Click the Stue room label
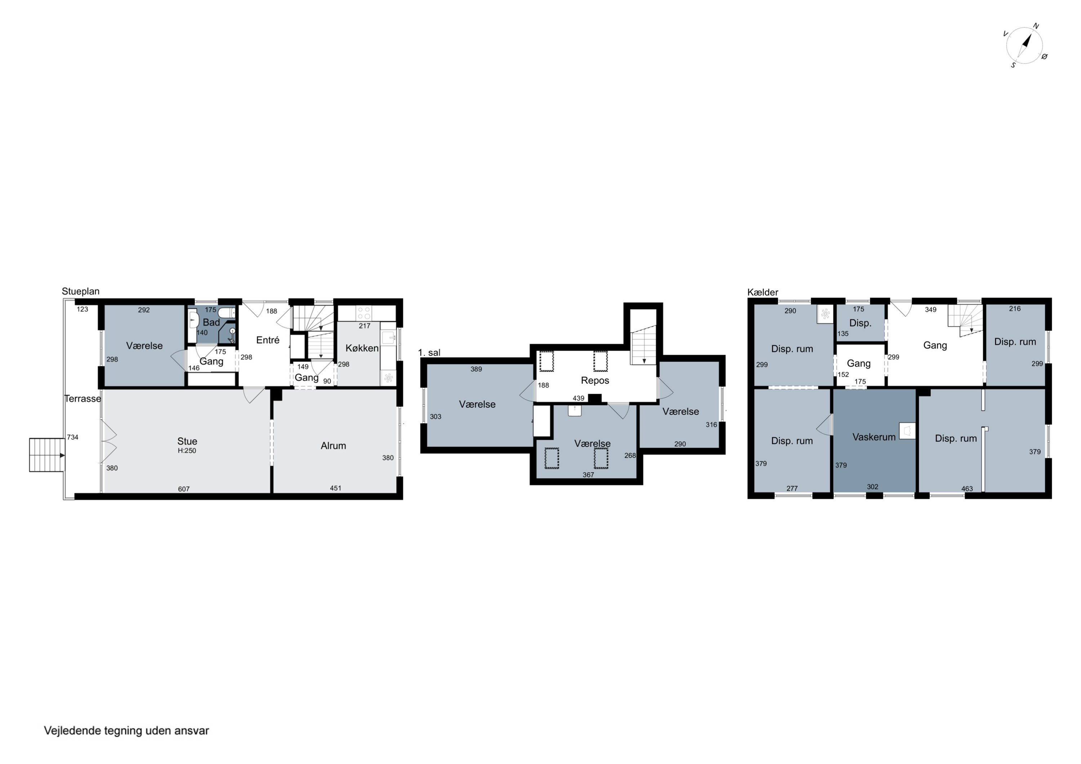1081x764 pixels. click(187, 441)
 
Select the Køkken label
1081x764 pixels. click(362, 348)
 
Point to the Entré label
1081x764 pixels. click(268, 340)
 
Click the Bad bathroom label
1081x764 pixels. click(212, 322)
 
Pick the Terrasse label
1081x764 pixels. click(83, 399)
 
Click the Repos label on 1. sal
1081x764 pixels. click(595, 380)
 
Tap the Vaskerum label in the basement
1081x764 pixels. click(874, 437)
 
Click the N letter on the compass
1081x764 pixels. click(1036, 26)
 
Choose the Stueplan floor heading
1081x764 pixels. click(80, 291)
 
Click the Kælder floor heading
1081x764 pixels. click(763, 292)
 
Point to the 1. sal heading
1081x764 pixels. click(430, 353)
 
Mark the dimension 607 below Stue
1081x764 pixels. click(184, 489)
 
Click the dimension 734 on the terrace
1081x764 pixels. click(72, 437)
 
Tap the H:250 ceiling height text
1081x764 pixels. click(187, 451)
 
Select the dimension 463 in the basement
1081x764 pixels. click(967, 488)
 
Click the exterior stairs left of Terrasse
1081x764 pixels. click(46, 455)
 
